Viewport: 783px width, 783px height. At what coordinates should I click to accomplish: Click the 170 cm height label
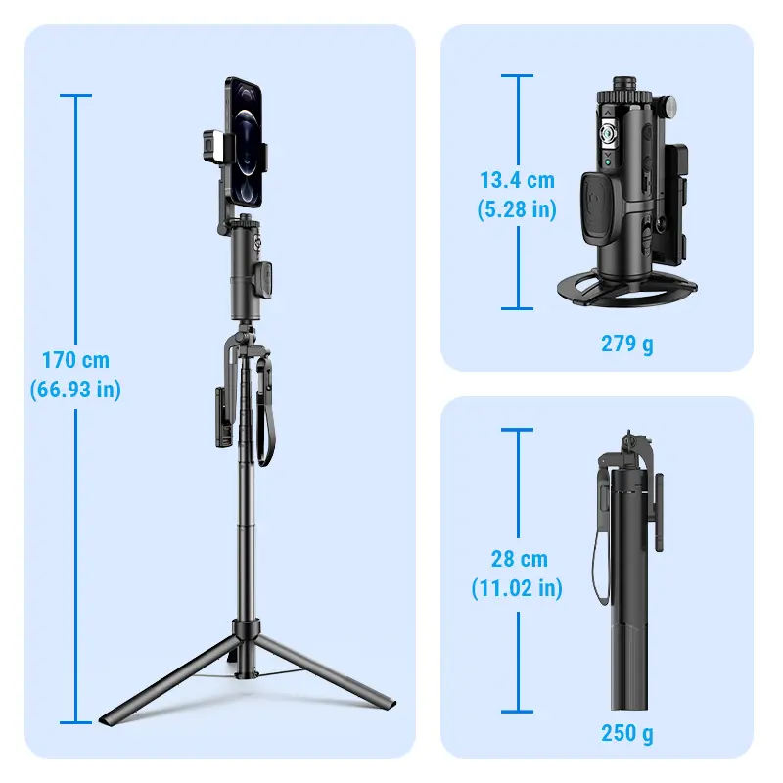[75, 360]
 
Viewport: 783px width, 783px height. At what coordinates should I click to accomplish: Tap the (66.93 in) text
[75, 390]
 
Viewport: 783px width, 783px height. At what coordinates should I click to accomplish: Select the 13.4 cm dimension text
[518, 180]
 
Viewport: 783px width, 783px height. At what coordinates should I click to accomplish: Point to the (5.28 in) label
[518, 209]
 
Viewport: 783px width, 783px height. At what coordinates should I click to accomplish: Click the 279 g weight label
[627, 345]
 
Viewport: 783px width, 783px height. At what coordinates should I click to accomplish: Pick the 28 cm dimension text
[520, 559]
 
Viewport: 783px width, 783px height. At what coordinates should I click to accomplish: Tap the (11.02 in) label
[518, 588]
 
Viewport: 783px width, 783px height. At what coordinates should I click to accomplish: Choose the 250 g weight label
[627, 733]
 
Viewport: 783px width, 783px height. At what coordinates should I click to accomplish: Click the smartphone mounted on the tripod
[244, 142]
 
